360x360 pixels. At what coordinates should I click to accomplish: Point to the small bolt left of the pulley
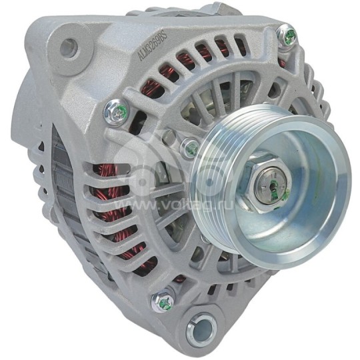pos(191,147)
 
